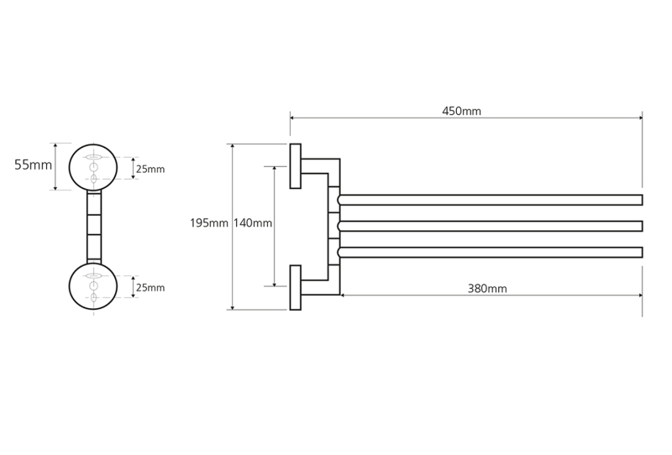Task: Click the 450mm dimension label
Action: (x=461, y=112)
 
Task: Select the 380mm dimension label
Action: (x=487, y=289)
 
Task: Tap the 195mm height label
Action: (x=209, y=223)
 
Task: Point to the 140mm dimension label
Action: (x=253, y=223)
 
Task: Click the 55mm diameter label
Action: (x=33, y=165)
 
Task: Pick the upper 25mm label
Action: (x=150, y=170)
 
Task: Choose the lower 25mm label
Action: (x=150, y=287)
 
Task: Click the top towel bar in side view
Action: (x=490, y=200)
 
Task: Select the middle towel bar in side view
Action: (x=490, y=226)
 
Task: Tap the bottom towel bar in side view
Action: (x=490, y=253)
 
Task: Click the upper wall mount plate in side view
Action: (x=296, y=166)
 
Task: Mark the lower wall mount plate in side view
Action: (x=296, y=287)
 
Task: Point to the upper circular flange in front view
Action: (x=70, y=167)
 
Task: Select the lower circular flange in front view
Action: (x=70, y=286)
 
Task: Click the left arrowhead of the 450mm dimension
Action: (x=292, y=118)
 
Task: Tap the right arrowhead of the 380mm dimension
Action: (x=640, y=295)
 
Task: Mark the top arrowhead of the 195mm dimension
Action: (x=233, y=147)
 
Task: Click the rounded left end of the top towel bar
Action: (x=339, y=200)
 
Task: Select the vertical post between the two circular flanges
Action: (x=94, y=227)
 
